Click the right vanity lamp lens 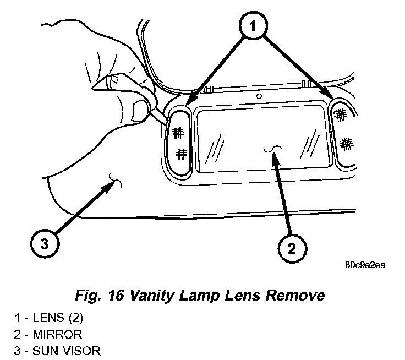click(344, 131)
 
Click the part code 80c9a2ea click(365, 264)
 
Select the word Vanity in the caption click(154, 296)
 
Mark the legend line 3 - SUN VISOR click(58, 349)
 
